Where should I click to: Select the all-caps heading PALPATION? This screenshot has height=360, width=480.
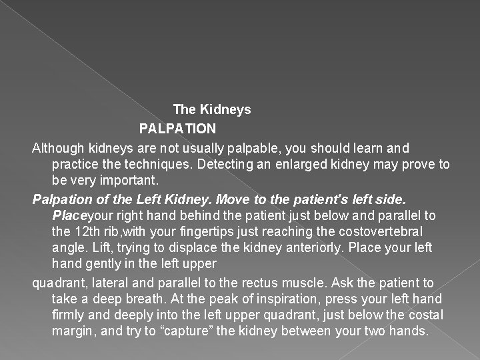(177, 128)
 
